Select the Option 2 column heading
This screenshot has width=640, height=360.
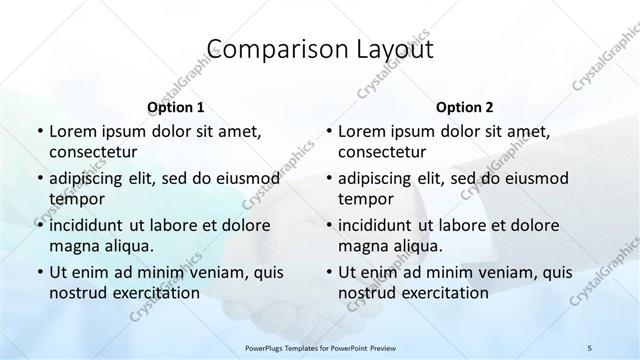[464, 106]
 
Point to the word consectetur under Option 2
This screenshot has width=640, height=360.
[382, 152]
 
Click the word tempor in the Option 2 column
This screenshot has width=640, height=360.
[363, 198]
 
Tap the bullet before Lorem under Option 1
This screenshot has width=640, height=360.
[39, 131]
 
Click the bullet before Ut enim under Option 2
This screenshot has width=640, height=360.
[328, 271]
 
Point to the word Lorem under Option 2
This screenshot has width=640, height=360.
[363, 131]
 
